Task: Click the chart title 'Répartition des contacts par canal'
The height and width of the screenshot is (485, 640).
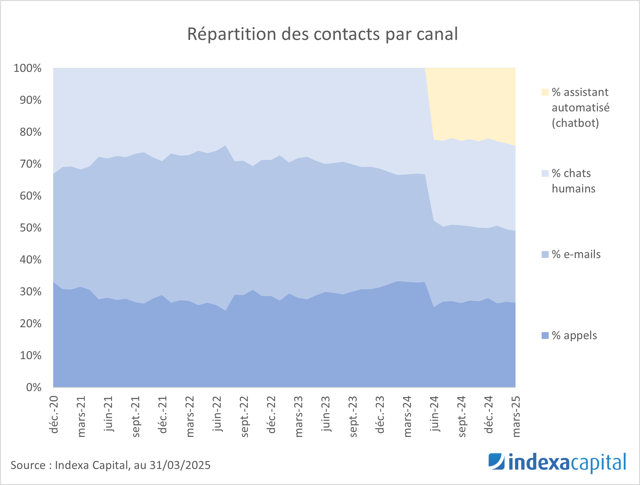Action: (x=322, y=34)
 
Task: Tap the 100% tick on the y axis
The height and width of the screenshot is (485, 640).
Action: (x=27, y=68)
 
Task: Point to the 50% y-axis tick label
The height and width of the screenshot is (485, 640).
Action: (x=30, y=228)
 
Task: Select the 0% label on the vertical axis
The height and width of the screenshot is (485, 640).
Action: (x=34, y=387)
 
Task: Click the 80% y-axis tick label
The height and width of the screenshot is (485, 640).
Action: (x=30, y=132)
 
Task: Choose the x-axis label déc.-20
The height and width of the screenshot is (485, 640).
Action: (x=54, y=414)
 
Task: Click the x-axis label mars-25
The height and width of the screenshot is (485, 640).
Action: (x=516, y=416)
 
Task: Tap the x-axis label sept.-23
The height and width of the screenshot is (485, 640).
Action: (x=353, y=416)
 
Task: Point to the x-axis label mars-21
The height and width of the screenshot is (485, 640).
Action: (x=81, y=416)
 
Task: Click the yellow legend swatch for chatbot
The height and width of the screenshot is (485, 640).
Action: (x=545, y=92)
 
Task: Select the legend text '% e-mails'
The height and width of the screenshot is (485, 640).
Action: (x=576, y=254)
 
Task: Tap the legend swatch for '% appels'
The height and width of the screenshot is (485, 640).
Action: (x=545, y=336)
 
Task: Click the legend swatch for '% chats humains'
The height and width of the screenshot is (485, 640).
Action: (x=545, y=173)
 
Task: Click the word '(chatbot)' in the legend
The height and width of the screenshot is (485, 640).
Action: (x=575, y=123)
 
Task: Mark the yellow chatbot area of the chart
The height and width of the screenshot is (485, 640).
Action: (x=473, y=101)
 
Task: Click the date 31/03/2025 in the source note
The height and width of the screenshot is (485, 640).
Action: (x=180, y=465)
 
